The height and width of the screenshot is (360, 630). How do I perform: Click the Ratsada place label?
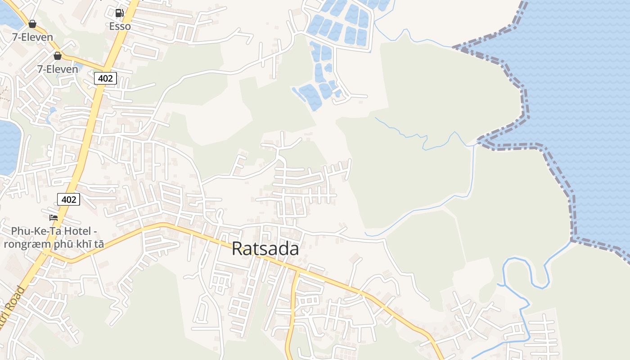pyautogui.click(x=265, y=248)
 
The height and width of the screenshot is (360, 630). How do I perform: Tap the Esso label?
pyautogui.click(x=120, y=26)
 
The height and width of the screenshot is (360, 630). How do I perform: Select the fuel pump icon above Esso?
pyautogui.click(x=119, y=13)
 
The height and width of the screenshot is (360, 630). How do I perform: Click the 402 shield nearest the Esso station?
pyautogui.click(x=105, y=78)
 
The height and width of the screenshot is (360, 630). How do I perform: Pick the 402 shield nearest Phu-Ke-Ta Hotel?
pyautogui.click(x=68, y=199)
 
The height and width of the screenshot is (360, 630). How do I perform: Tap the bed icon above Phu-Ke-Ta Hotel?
pyautogui.click(x=54, y=218)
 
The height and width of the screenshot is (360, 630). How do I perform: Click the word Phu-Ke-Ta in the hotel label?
pyautogui.click(x=40, y=231)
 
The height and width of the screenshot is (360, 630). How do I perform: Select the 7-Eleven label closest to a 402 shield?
pyautogui.click(x=58, y=69)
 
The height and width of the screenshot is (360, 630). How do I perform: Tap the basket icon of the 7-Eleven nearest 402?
pyautogui.click(x=58, y=56)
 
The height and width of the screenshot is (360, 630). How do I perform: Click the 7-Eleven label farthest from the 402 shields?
pyautogui.click(x=32, y=37)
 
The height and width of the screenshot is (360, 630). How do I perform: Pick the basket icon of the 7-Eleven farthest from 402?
pyautogui.click(x=32, y=24)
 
